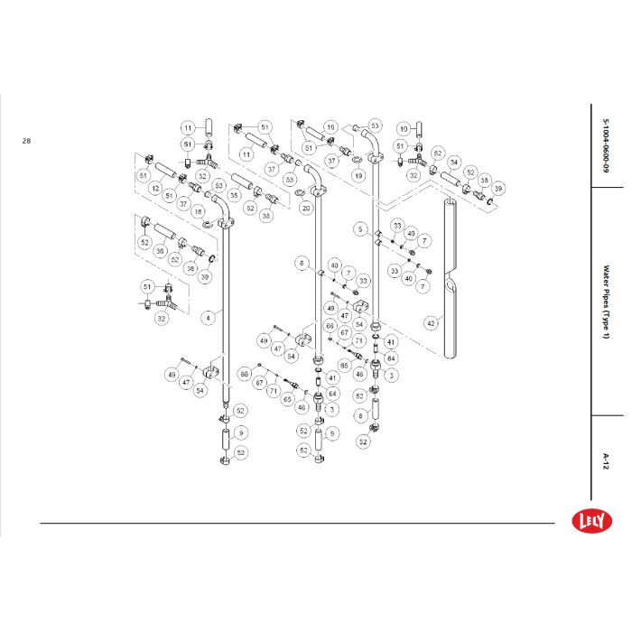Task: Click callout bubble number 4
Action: click(x=209, y=317)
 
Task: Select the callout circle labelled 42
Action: click(x=431, y=322)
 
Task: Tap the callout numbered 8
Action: click(x=359, y=416)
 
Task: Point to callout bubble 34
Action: click(x=454, y=163)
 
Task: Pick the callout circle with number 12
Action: click(x=155, y=189)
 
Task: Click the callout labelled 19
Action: click(x=358, y=176)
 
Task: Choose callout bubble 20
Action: click(x=306, y=209)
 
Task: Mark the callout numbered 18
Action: click(x=198, y=210)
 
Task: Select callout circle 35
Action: click(x=233, y=194)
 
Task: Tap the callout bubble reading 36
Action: click(x=160, y=252)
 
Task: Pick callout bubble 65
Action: click(x=288, y=398)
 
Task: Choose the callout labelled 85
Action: click(x=344, y=365)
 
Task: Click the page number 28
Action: click(x=26, y=141)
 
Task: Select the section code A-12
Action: click(x=606, y=461)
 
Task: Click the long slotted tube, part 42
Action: click(x=450, y=271)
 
